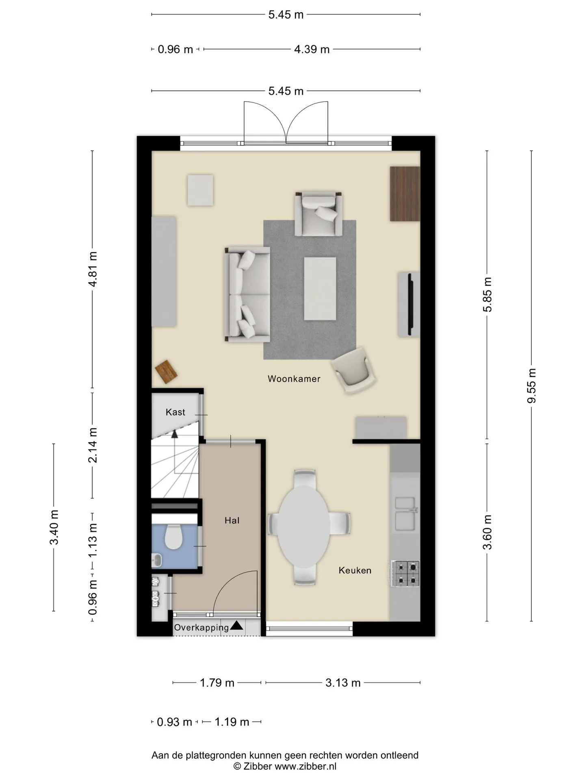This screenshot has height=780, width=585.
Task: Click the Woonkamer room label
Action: coord(294,379)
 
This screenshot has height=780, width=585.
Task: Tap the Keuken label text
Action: coord(355,570)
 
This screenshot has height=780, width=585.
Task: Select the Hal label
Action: coord(232,520)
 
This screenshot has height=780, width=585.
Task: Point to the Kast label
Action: coord(175,412)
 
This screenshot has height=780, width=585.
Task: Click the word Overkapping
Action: coord(201,628)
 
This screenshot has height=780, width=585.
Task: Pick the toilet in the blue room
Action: coord(173,537)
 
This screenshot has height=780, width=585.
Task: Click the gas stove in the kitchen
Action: coord(405,574)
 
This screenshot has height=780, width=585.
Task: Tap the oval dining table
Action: coord(303,527)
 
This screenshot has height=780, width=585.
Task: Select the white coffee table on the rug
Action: coord(320,288)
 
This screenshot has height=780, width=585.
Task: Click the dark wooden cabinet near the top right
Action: coord(405,194)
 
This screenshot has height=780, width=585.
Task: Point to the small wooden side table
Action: coord(167,372)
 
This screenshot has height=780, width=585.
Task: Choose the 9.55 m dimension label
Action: coord(531,386)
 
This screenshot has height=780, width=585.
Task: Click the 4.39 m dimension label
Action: coord(312,49)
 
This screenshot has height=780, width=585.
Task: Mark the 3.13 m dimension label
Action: coord(343,682)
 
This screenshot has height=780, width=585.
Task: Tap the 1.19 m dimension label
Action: coord(232,722)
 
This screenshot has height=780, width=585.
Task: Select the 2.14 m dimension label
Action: coord(93,445)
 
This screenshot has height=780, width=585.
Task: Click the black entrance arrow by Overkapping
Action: coord(236,626)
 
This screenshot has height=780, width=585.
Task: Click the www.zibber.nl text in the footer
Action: coord(305,766)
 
